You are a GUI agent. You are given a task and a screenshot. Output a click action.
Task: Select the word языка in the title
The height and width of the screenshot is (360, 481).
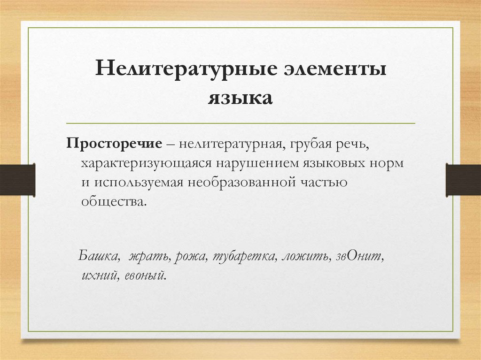tap(240, 98)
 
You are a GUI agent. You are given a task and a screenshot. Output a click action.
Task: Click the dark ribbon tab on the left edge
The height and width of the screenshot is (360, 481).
tap(17, 179)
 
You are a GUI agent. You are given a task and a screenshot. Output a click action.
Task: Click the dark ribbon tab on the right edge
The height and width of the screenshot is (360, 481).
tap(463, 179)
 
